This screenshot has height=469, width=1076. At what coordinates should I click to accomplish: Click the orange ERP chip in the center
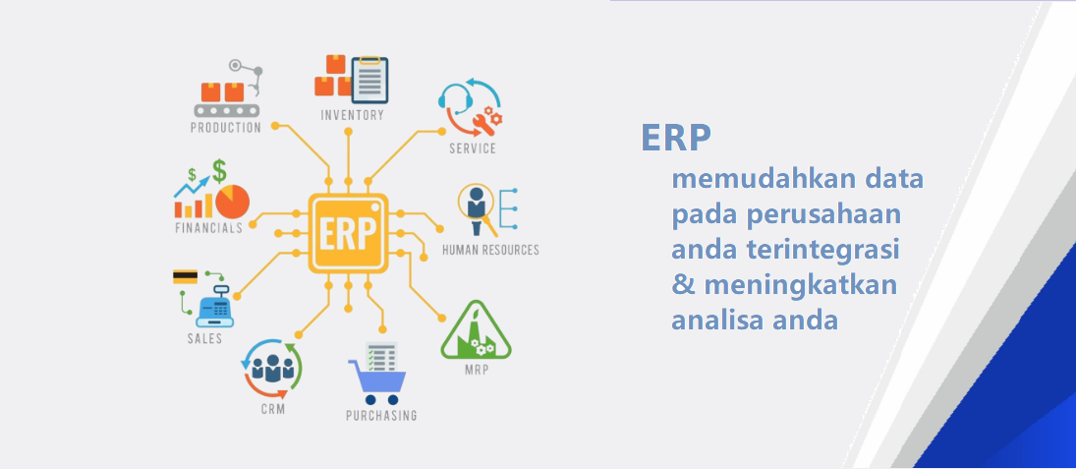click(348, 233)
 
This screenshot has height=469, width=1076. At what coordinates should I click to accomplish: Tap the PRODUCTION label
click(226, 128)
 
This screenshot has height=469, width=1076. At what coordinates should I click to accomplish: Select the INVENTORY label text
click(352, 115)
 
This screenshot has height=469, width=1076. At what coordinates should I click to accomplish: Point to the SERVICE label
click(472, 148)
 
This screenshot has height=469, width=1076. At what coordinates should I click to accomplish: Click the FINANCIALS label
click(208, 228)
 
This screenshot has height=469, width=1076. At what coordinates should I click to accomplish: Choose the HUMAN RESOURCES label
click(490, 250)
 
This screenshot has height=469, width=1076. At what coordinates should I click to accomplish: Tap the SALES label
click(204, 338)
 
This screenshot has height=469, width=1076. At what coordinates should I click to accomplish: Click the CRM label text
click(272, 410)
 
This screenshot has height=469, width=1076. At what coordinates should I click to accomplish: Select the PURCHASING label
click(381, 416)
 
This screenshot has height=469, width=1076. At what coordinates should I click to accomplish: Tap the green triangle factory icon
click(476, 330)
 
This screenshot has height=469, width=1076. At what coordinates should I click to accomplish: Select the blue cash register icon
click(215, 306)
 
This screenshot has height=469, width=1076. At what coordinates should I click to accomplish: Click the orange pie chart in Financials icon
click(233, 202)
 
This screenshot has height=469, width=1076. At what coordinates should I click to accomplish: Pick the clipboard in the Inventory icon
click(369, 81)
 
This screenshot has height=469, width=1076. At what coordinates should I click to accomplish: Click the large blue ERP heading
click(676, 138)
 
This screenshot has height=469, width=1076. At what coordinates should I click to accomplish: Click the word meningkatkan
click(801, 283)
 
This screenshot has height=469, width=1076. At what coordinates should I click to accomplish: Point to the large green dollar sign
click(219, 171)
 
